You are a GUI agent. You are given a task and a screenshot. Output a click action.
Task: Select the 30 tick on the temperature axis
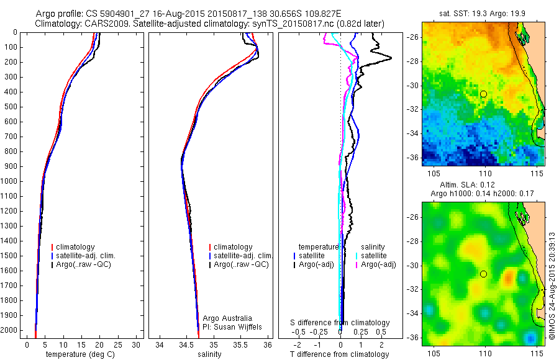(137, 344)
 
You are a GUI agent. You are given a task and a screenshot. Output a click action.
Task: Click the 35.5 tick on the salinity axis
(240, 344)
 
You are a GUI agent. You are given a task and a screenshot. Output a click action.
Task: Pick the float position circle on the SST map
(483, 94)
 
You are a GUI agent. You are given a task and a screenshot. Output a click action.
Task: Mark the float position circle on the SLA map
(483, 274)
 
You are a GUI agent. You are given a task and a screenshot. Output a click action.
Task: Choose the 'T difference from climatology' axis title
(340, 354)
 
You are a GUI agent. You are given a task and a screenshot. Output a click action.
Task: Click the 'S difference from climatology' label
(340, 323)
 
